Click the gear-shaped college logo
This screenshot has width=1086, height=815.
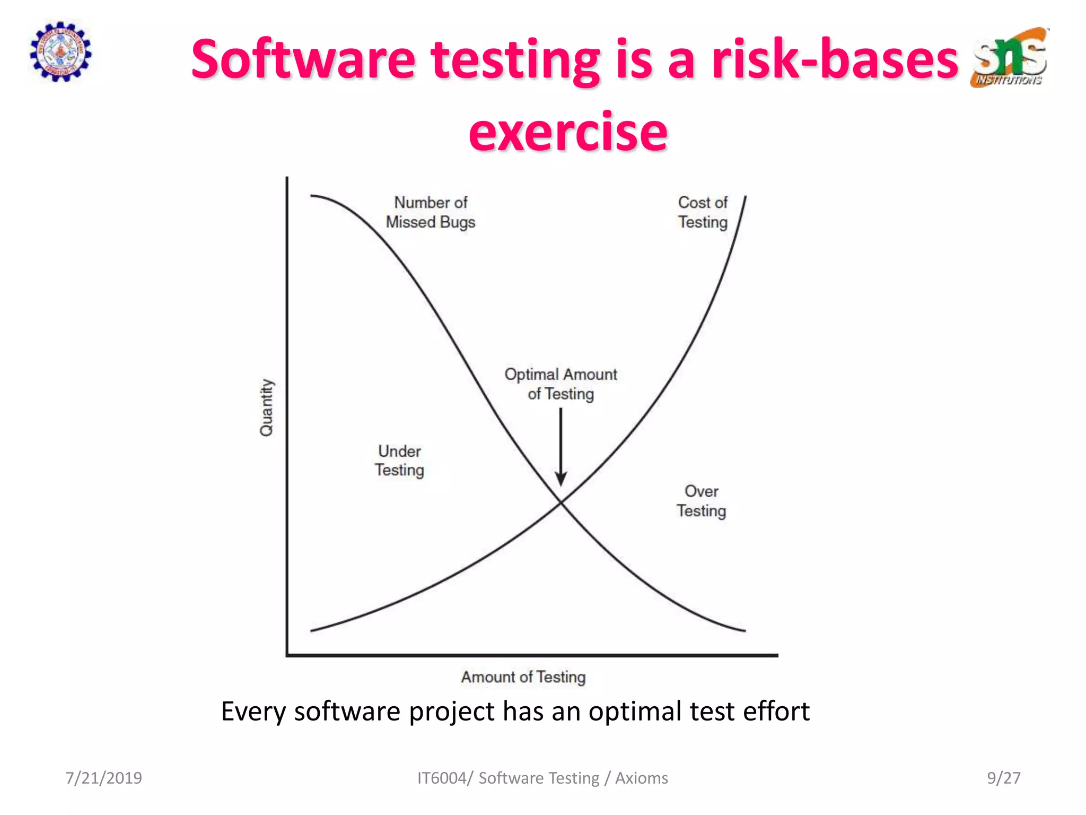click(60, 51)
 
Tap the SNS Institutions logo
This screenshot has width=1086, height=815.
click(1010, 57)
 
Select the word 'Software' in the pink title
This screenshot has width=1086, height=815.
click(303, 59)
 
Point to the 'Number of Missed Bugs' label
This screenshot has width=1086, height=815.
click(430, 212)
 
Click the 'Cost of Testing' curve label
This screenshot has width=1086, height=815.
click(703, 212)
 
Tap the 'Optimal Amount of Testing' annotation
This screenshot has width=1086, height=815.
click(560, 384)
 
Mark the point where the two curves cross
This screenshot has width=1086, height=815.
click(560, 502)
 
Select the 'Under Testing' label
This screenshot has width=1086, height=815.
click(399, 461)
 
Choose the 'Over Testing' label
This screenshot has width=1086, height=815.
click(701, 501)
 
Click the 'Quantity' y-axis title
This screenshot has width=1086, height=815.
click(266, 407)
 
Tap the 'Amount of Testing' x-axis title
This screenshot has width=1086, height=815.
click(523, 677)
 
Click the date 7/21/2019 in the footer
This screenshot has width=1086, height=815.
click(103, 778)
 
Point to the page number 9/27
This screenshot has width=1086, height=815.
click(1003, 778)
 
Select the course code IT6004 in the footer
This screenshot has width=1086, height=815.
click(442, 778)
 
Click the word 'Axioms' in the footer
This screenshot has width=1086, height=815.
click(641, 778)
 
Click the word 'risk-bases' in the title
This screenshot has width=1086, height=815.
click(835, 59)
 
